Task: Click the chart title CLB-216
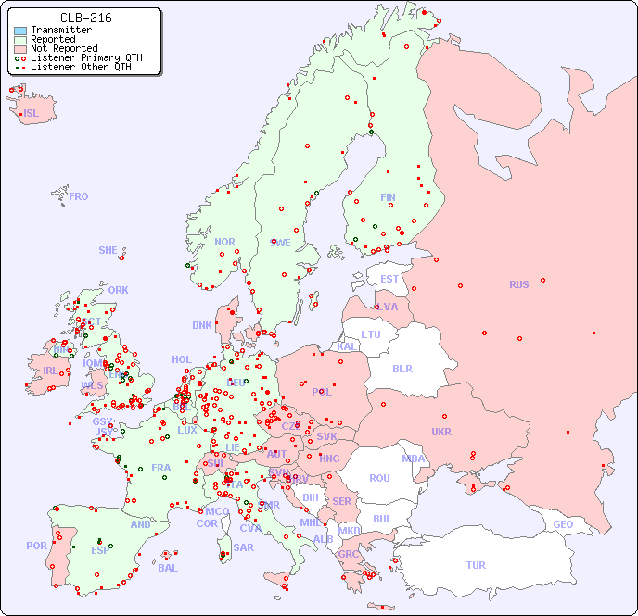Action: (85, 18)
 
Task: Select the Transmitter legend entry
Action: (60, 31)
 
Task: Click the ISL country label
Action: (32, 114)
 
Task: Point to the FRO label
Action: (79, 196)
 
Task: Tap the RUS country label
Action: (518, 284)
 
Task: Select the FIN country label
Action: (388, 197)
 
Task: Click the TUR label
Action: (476, 565)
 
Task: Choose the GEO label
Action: (563, 524)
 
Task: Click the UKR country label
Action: (441, 432)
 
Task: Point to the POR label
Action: (36, 546)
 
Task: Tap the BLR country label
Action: (402, 368)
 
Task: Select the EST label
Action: (389, 279)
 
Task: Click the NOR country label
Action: (224, 242)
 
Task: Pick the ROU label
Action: (379, 478)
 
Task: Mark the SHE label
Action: (108, 250)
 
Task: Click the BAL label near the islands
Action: (168, 568)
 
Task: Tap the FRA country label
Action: (161, 468)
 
